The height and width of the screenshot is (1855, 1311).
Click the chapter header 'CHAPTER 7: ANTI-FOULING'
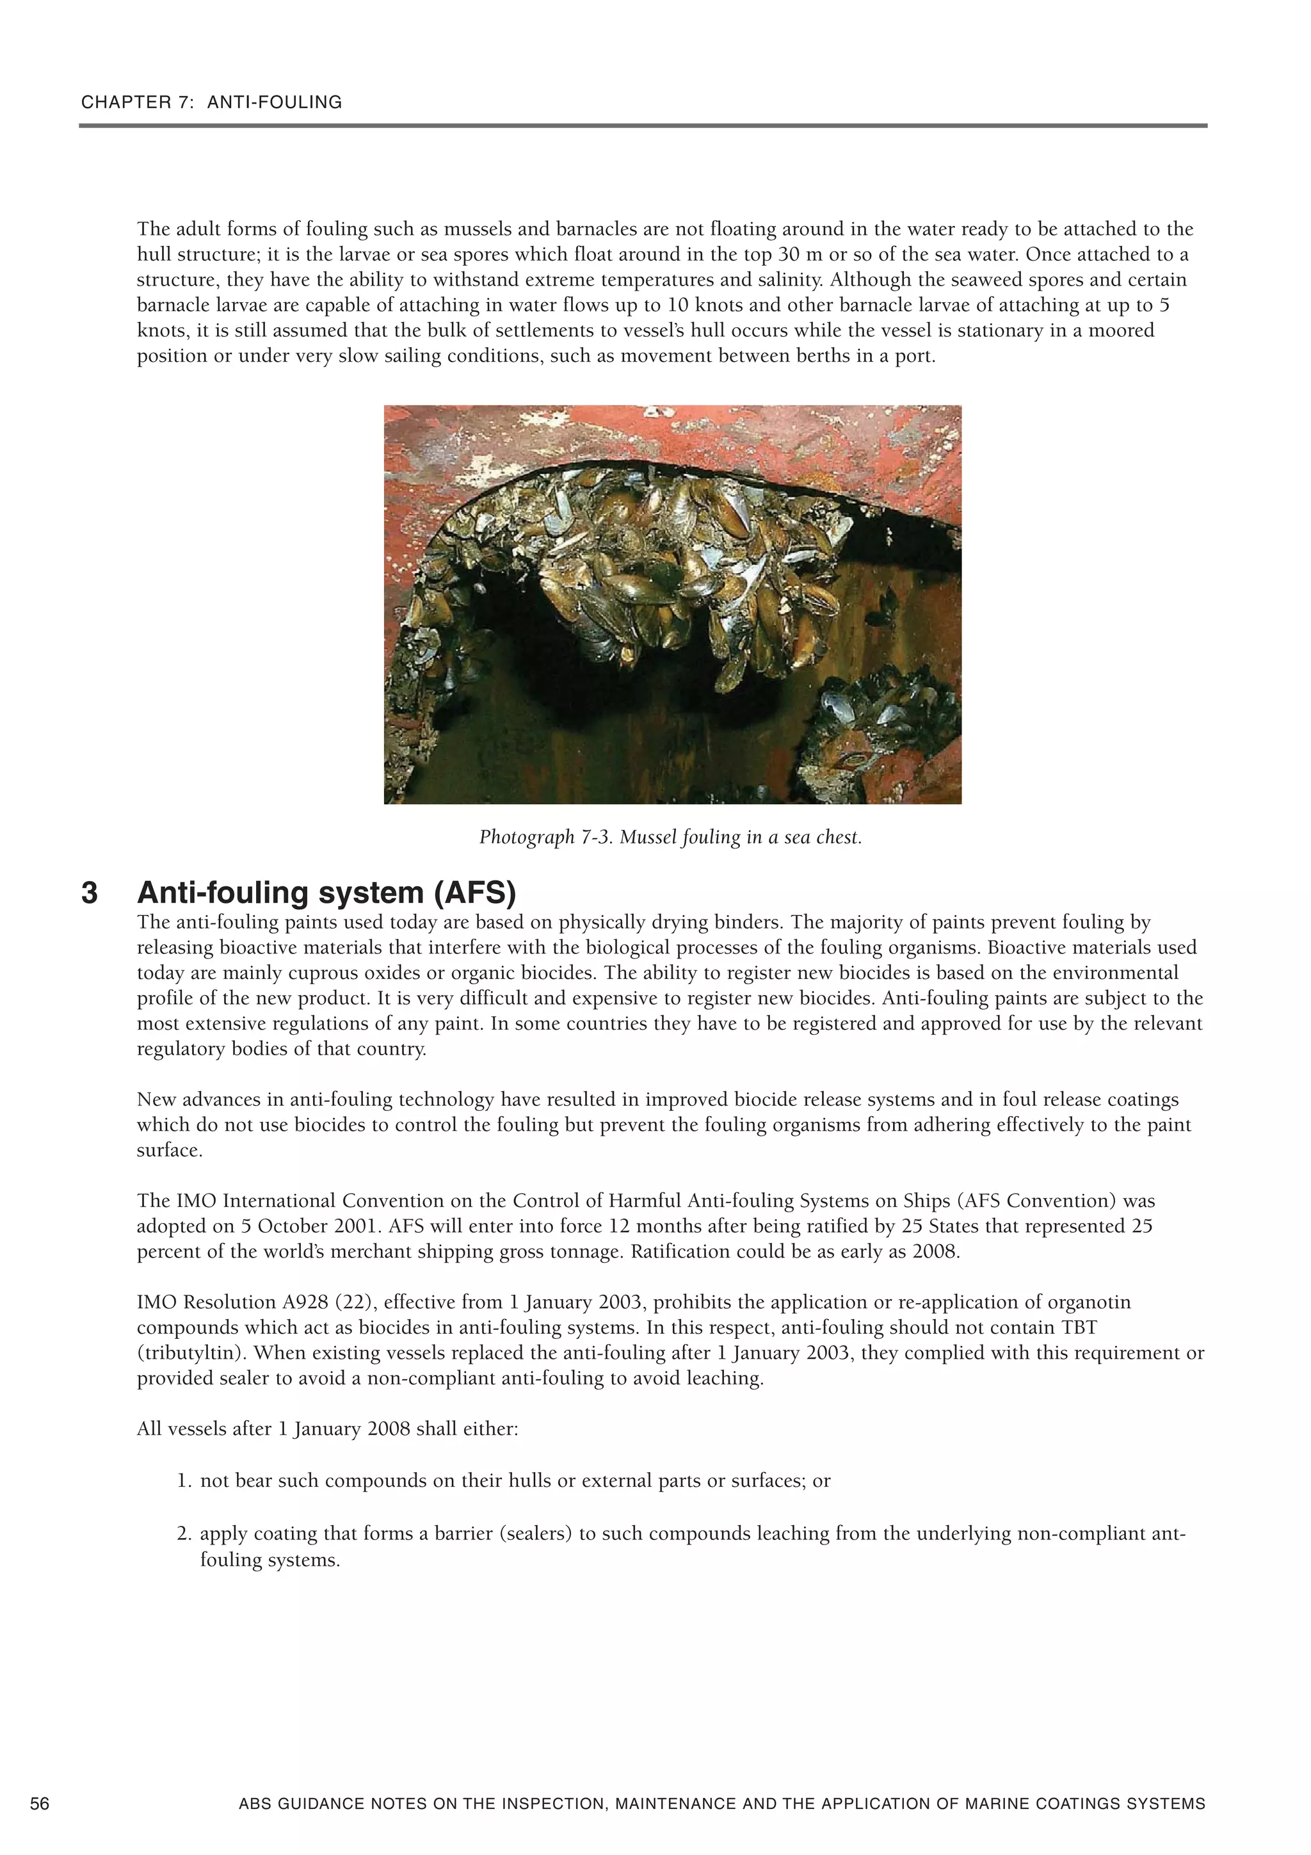click(212, 102)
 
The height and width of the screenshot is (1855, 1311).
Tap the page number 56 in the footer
click(40, 1803)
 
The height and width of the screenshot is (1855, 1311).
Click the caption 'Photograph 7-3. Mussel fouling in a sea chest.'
click(670, 837)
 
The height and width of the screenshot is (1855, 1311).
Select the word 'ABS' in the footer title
click(256, 1803)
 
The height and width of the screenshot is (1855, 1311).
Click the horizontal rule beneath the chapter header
click(642, 126)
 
